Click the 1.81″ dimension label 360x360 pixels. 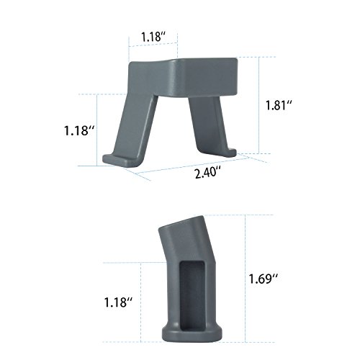(279, 105)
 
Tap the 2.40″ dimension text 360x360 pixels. (208, 173)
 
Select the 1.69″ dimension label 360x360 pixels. (264, 279)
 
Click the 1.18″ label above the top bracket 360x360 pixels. (153, 37)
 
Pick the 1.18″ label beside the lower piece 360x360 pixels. (118, 302)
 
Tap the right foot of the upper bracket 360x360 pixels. (229, 153)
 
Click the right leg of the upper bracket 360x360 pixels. (207, 125)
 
